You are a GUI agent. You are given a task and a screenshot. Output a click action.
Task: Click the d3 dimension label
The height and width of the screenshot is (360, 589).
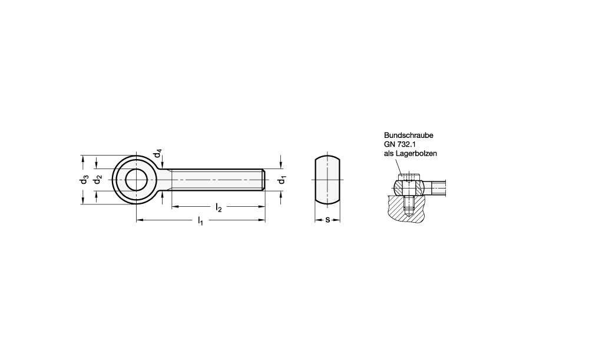pos(84,180)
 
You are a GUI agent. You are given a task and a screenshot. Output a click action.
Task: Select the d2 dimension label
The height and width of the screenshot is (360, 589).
pos(98,180)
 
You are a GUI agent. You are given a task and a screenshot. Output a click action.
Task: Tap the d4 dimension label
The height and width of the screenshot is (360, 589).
pos(158,153)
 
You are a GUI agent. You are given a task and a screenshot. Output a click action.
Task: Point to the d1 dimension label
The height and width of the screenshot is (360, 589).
pos(282,180)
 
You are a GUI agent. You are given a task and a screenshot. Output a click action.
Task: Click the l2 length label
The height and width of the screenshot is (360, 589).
pos(219,207)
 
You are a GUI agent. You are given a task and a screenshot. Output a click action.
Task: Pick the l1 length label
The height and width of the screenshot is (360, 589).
pos(200,220)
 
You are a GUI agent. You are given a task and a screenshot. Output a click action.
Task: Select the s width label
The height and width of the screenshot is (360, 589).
pos(327,220)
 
